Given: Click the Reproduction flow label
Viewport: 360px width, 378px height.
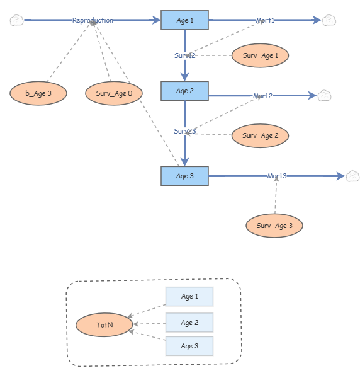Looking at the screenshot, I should pos(93,20).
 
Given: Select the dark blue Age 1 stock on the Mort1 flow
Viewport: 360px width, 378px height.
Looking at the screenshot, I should pos(184,20).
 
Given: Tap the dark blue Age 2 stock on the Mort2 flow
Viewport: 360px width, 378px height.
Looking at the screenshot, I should pos(184,91).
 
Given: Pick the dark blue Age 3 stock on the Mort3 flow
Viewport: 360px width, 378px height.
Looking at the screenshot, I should pos(184,176).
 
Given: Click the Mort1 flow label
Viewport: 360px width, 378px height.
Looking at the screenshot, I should pos(265,20).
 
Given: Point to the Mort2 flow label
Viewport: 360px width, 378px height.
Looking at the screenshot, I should pos(262,96).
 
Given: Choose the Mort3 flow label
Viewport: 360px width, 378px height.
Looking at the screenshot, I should pos(277,176).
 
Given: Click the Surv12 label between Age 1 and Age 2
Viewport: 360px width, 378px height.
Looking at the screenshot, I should pos(185,55).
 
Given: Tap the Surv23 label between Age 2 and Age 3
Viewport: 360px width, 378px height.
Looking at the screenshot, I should pos(185,131).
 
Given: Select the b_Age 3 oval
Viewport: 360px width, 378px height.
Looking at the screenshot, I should pos(38,93).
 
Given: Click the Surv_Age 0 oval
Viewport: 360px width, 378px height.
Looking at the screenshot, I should pos(114,93).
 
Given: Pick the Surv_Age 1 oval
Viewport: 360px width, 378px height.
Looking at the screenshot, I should pos(261,55).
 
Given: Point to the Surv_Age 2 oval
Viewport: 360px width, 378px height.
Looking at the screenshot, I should pos(261,135).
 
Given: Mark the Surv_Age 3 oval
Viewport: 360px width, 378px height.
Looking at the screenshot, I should pos(274,226).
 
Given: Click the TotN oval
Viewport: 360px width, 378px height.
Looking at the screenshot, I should pos(104,325).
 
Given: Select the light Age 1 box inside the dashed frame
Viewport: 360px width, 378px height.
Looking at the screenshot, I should pos(189,297).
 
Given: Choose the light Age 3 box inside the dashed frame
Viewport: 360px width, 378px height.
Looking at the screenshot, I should pos(189,346).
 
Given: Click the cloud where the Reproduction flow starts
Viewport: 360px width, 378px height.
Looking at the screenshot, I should pos(17,20).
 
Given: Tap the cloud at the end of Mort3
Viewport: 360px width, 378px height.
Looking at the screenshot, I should pos(352,176).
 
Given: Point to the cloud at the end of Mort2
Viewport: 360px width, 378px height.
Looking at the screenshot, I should pos(324,96).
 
